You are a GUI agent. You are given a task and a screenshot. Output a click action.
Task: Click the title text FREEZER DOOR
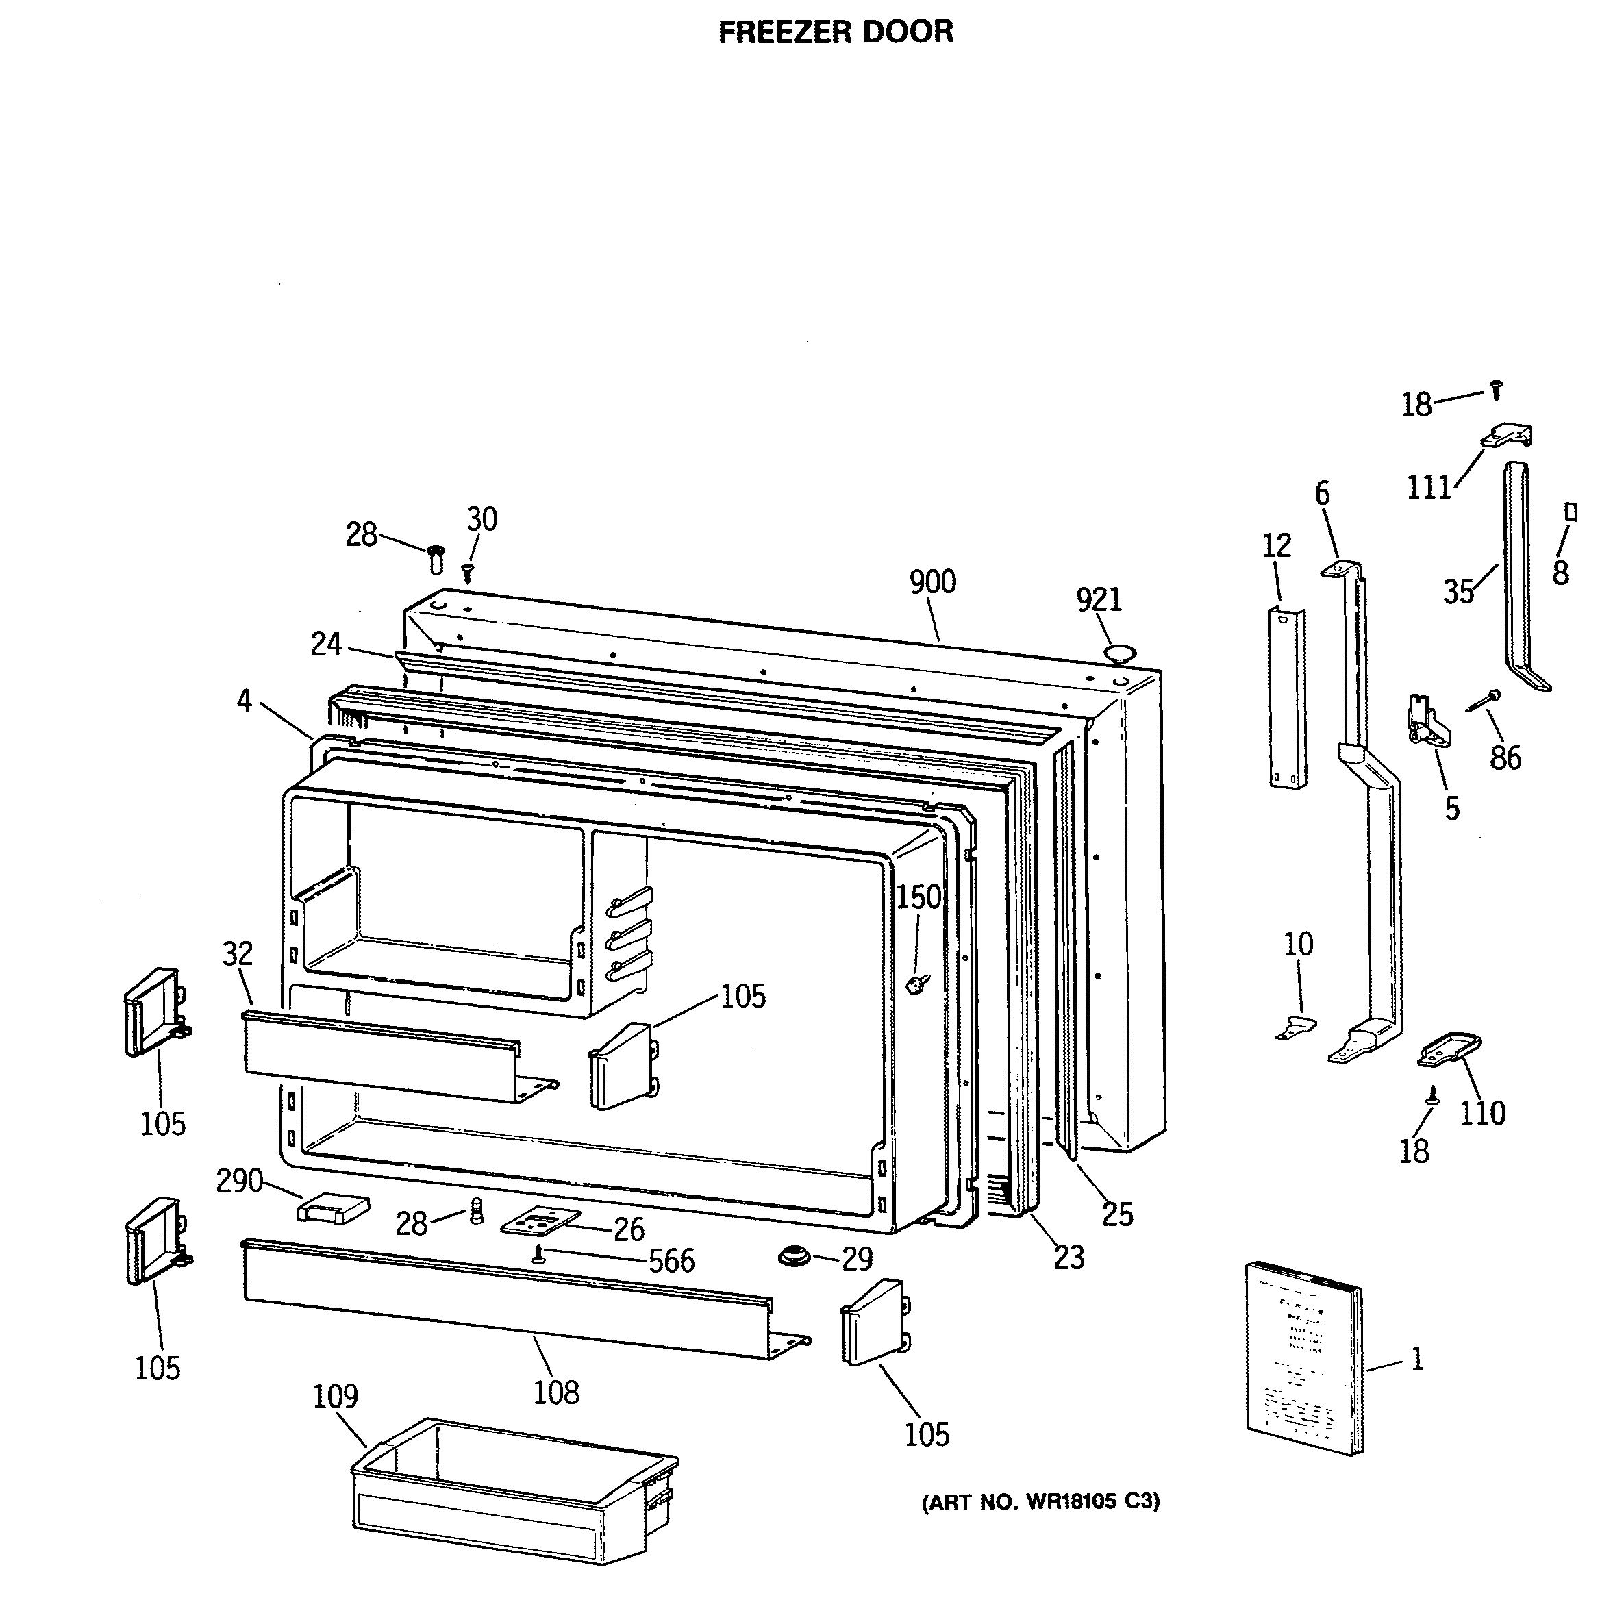[x=835, y=32]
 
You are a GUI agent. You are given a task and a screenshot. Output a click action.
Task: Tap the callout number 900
[x=932, y=582]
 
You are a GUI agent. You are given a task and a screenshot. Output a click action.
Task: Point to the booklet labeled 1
[x=1303, y=1358]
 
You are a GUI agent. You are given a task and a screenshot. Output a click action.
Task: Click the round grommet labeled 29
[x=795, y=1256]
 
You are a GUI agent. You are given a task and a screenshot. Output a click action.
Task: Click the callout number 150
[x=919, y=897]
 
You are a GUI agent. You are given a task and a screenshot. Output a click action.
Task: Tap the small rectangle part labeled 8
[x=1569, y=512]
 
